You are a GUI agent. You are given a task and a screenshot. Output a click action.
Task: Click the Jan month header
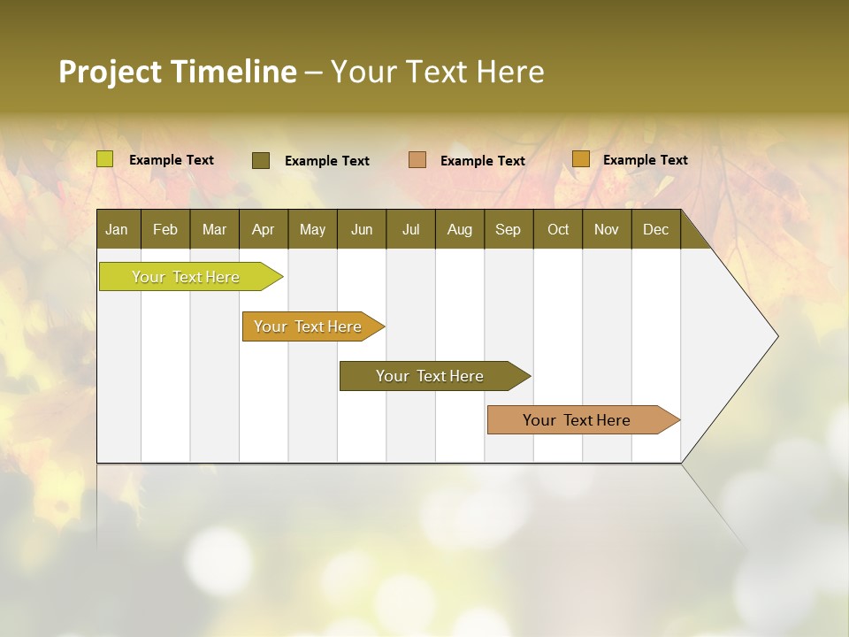tap(118, 229)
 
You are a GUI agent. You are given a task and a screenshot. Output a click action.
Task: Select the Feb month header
tap(165, 229)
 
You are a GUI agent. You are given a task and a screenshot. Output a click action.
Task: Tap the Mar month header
tap(214, 229)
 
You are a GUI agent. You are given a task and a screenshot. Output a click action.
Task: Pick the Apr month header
tap(264, 229)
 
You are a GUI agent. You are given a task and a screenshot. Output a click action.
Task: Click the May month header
tap(312, 229)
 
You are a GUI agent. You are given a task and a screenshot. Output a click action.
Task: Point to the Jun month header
tap(362, 229)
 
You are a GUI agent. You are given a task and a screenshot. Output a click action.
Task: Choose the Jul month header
tap(410, 229)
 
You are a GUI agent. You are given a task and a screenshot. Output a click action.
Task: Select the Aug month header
tap(460, 229)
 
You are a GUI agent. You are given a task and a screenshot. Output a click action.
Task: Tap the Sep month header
tap(509, 229)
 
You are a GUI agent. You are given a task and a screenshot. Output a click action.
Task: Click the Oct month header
tap(558, 229)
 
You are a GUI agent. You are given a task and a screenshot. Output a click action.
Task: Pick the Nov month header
tap(607, 229)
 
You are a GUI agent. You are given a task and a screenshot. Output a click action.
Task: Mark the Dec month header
tap(656, 229)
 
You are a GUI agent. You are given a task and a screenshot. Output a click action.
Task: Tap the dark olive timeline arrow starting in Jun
tap(431, 376)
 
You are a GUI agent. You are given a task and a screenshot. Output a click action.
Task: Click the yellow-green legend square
tap(105, 159)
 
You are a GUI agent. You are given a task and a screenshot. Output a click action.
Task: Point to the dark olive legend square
tap(261, 160)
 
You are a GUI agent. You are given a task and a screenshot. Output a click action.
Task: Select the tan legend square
tap(417, 160)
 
